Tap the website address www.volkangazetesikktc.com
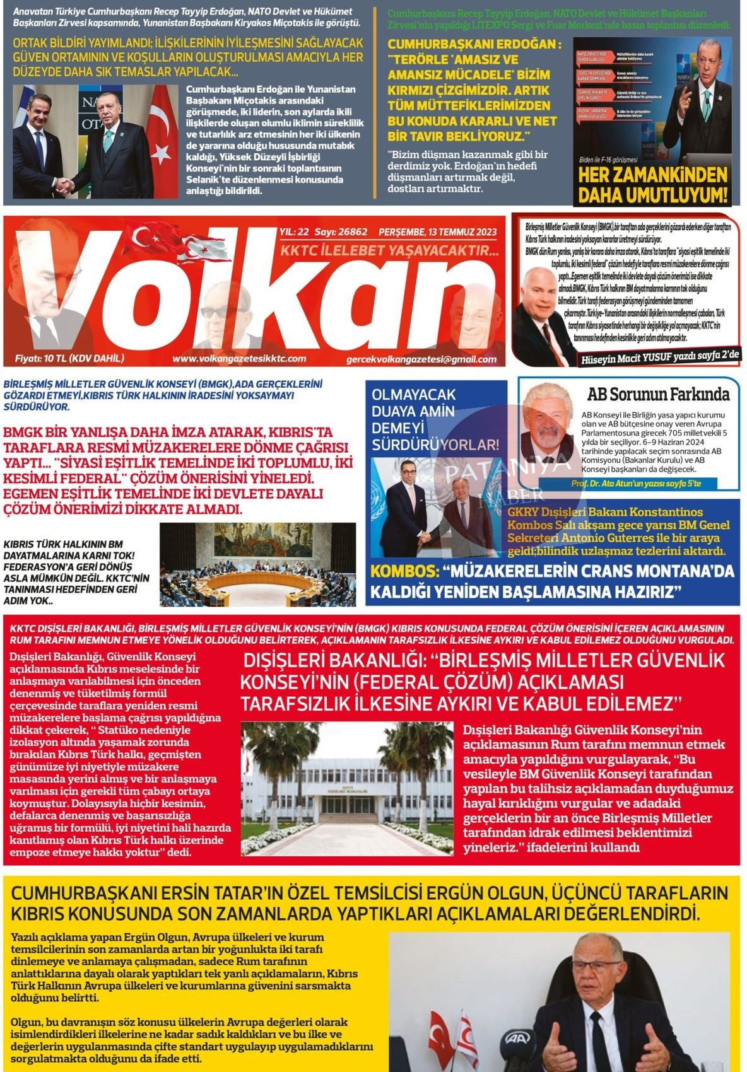click(238, 359)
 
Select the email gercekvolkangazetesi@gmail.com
click(421, 359)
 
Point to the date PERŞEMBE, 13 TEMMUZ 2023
click(437, 232)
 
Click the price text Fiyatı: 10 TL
click(69, 358)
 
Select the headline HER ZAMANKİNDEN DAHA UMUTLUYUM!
click(652, 184)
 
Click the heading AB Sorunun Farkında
click(658, 395)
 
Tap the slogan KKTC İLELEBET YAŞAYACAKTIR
click(389, 250)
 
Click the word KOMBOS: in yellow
click(404, 571)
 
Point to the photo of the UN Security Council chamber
click(257, 564)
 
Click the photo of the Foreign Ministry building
click(347, 788)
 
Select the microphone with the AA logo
click(518, 1040)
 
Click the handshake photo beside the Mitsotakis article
click(95, 141)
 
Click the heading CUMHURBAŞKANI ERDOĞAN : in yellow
click(473, 44)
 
